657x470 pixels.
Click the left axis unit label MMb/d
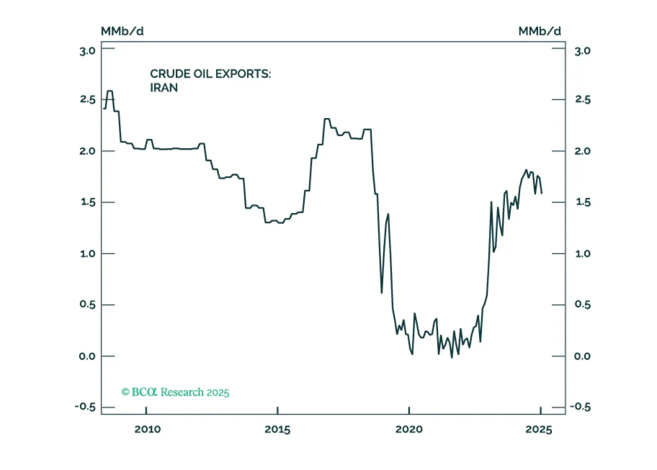(122, 31)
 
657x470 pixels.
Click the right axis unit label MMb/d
(540, 31)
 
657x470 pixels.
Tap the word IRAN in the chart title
(164, 88)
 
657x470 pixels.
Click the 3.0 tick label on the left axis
(88, 51)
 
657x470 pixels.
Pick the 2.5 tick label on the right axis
(583, 100)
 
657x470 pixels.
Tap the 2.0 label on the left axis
(88, 152)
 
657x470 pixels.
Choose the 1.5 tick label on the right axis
(583, 202)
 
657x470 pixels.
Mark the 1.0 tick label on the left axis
(88, 254)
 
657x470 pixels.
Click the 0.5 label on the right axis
(583, 305)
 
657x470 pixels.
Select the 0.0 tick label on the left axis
(87, 356)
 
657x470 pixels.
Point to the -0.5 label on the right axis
(580, 407)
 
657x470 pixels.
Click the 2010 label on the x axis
(147, 430)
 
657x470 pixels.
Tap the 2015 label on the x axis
(278, 430)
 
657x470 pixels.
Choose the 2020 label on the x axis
(409, 430)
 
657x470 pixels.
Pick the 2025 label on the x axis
(539, 430)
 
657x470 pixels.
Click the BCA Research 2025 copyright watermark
(175, 392)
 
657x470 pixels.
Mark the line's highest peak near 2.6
(110, 91)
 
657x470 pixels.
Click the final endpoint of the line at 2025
(541, 193)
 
